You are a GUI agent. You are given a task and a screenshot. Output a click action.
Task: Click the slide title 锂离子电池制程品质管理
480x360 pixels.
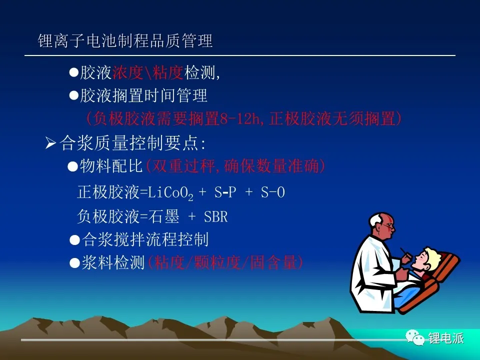tap(125, 40)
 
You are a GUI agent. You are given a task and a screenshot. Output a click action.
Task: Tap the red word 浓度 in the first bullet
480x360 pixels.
tap(128, 72)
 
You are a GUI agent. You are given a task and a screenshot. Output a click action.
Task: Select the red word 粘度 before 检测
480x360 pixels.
tap(167, 72)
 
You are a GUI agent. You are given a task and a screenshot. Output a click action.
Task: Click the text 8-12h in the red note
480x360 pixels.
tap(239, 118)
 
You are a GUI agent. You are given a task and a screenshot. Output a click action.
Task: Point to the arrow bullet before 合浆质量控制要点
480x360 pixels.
tap(50, 143)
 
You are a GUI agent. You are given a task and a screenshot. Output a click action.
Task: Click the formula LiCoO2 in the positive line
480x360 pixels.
tap(170, 193)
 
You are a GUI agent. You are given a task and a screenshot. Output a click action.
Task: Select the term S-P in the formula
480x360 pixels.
tap(225, 192)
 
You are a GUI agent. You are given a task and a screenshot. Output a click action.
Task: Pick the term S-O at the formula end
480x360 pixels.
tap(273, 192)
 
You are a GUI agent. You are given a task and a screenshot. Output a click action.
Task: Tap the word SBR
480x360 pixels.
tap(216, 216)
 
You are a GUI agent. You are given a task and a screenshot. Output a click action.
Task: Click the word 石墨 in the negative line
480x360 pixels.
tap(163, 216)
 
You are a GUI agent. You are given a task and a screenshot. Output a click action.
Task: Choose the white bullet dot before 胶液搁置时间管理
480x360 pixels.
tap(74, 96)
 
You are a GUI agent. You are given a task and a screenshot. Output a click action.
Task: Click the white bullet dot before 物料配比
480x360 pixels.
tap(72, 167)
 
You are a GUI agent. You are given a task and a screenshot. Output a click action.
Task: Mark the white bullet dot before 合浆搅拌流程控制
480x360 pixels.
tap(74, 240)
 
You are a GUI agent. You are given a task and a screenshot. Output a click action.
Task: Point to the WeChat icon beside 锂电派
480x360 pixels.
tap(415, 337)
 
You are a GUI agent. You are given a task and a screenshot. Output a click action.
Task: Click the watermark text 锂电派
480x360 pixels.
tap(446, 338)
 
